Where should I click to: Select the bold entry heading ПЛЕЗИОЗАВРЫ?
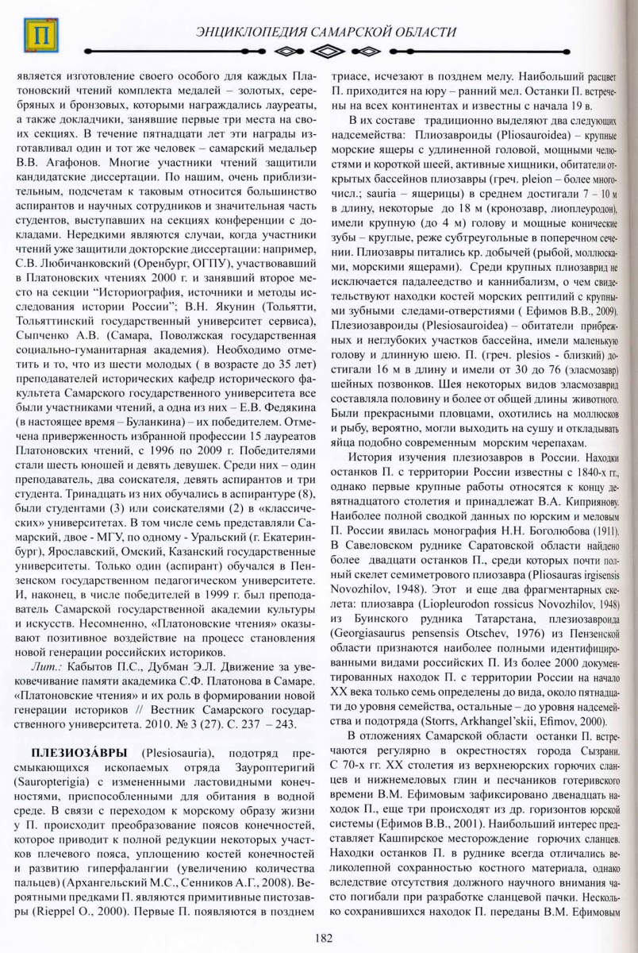point(71,750)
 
